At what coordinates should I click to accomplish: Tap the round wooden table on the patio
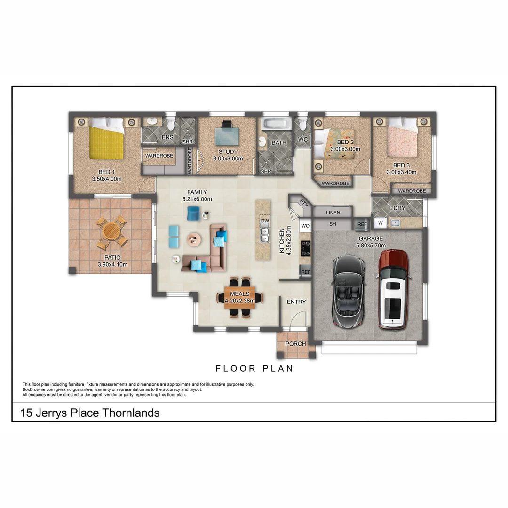tap(112, 231)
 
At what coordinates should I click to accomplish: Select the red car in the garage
tap(393, 289)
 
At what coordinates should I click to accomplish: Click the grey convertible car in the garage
tap(349, 292)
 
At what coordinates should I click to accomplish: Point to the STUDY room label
tap(228, 152)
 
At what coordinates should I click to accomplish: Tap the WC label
tap(302, 140)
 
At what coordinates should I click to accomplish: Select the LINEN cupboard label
tap(333, 213)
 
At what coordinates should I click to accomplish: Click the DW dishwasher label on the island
tap(265, 221)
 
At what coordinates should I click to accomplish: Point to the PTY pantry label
tap(304, 204)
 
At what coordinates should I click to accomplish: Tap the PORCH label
tap(296, 344)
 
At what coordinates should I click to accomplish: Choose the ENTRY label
tap(296, 302)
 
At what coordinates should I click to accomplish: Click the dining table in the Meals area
tap(240, 297)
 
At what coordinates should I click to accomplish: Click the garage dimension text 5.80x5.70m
tap(371, 246)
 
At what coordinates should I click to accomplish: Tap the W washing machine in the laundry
tap(380, 222)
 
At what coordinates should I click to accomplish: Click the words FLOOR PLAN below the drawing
tap(254, 368)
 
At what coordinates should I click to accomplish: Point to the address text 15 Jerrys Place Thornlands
tap(90, 413)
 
